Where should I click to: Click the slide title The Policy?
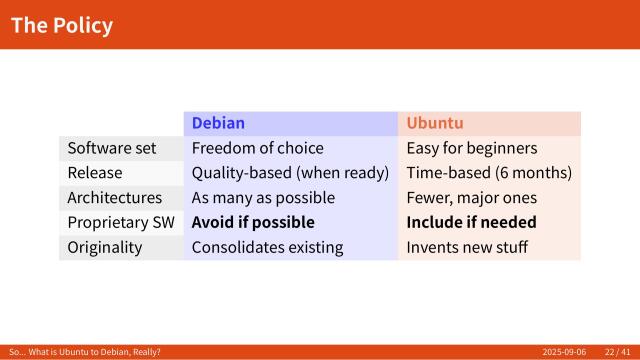pos(62,25)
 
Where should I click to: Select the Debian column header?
pos(218,123)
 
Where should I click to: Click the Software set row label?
pos(112,148)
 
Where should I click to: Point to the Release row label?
pos(95,173)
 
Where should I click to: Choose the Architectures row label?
pos(114,198)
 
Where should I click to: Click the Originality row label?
pos(105,247)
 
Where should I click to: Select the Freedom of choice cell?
pos(257,148)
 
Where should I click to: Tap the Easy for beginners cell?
pos(472,148)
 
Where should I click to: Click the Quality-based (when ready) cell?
pos(290,173)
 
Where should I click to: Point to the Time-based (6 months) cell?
pos(489,173)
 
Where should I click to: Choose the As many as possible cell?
pos(263,198)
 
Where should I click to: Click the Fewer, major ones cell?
pos(471,198)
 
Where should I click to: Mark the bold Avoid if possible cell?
pos(253,222)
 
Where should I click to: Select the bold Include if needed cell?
pos(471,222)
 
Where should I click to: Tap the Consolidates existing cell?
pos(267,247)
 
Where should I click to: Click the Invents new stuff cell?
pos(466,247)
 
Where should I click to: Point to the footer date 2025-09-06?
pos(564,353)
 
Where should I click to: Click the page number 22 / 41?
pos(616,353)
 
